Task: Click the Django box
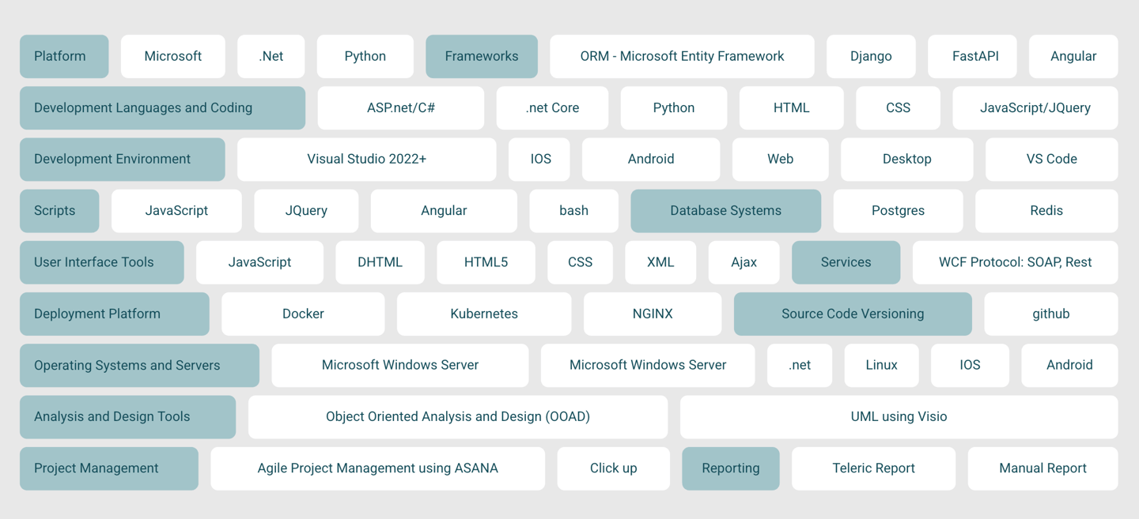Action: [871, 56]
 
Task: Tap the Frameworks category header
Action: [481, 56]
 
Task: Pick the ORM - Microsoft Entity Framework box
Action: [682, 56]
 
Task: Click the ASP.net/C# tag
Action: [400, 107]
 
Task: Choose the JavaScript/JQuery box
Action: [1035, 107]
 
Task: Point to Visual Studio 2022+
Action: [366, 159]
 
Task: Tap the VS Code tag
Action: [1051, 159]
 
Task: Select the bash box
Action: [573, 210]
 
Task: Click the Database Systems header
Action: [725, 210]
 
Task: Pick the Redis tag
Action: [1046, 210]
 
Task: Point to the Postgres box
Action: [898, 210]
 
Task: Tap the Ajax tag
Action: [744, 262]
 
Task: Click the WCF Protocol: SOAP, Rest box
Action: [1015, 262]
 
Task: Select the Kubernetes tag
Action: [483, 314]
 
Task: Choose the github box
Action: [1050, 314]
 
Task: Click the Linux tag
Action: [881, 365]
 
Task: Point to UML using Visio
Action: [899, 416]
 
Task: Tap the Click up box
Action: [613, 468]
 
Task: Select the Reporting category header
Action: [730, 468]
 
